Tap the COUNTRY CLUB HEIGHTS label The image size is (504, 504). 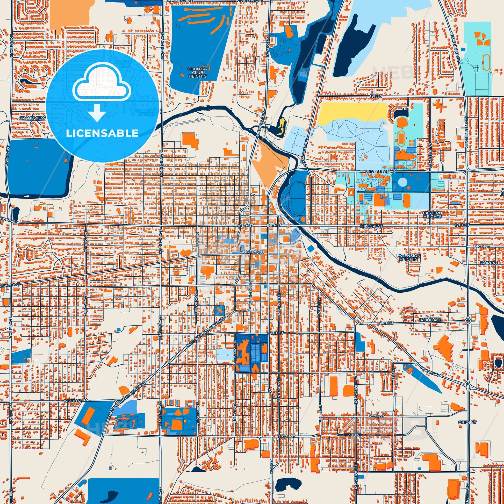[x=197, y=73]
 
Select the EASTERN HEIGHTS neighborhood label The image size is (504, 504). [x=433, y=215]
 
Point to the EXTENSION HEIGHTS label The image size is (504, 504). [x=408, y=257]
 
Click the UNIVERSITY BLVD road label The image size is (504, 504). [x=381, y=172]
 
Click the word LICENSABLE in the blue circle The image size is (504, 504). [x=102, y=133]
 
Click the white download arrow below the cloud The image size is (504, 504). [x=97, y=112]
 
